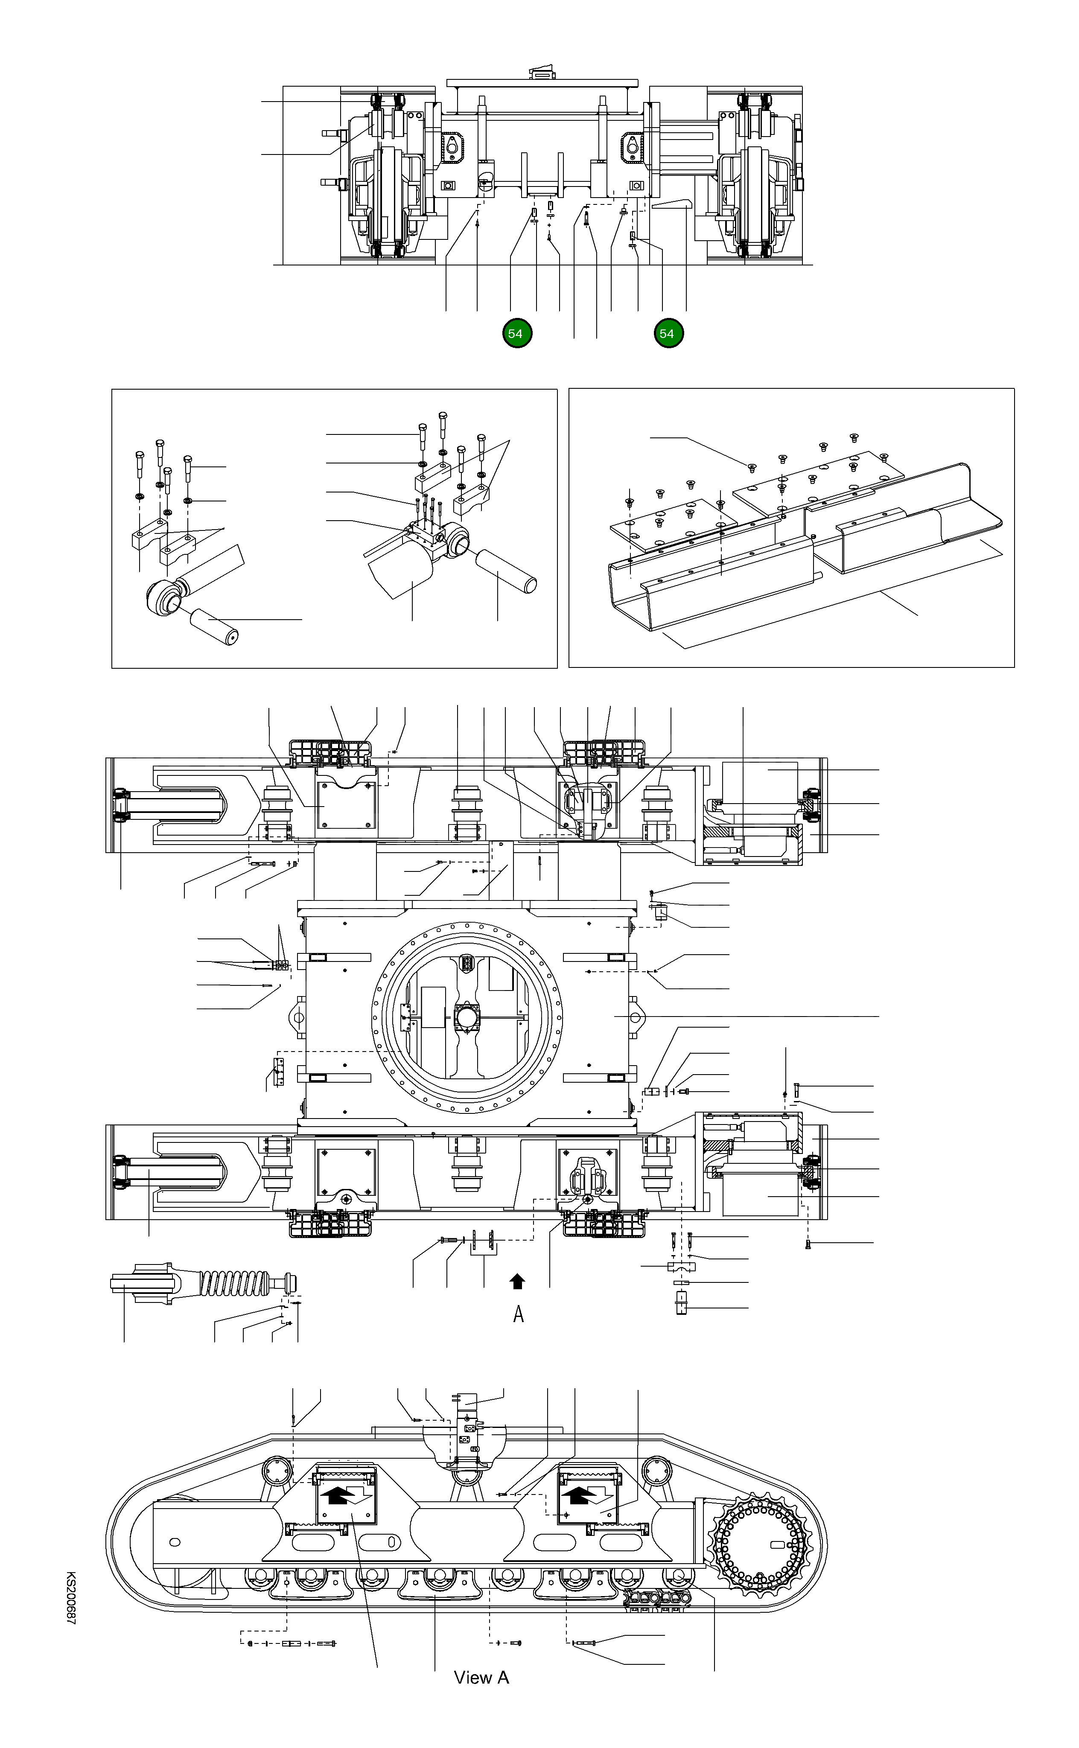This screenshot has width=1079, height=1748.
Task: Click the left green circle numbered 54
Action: click(516, 333)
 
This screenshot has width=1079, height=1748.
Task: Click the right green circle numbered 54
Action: click(667, 333)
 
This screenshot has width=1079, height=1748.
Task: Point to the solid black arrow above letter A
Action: click(518, 1282)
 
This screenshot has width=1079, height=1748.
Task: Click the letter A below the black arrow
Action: click(519, 1314)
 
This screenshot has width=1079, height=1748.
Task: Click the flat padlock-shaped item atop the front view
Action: click(542, 73)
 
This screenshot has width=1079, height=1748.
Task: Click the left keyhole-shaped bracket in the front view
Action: click(452, 146)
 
